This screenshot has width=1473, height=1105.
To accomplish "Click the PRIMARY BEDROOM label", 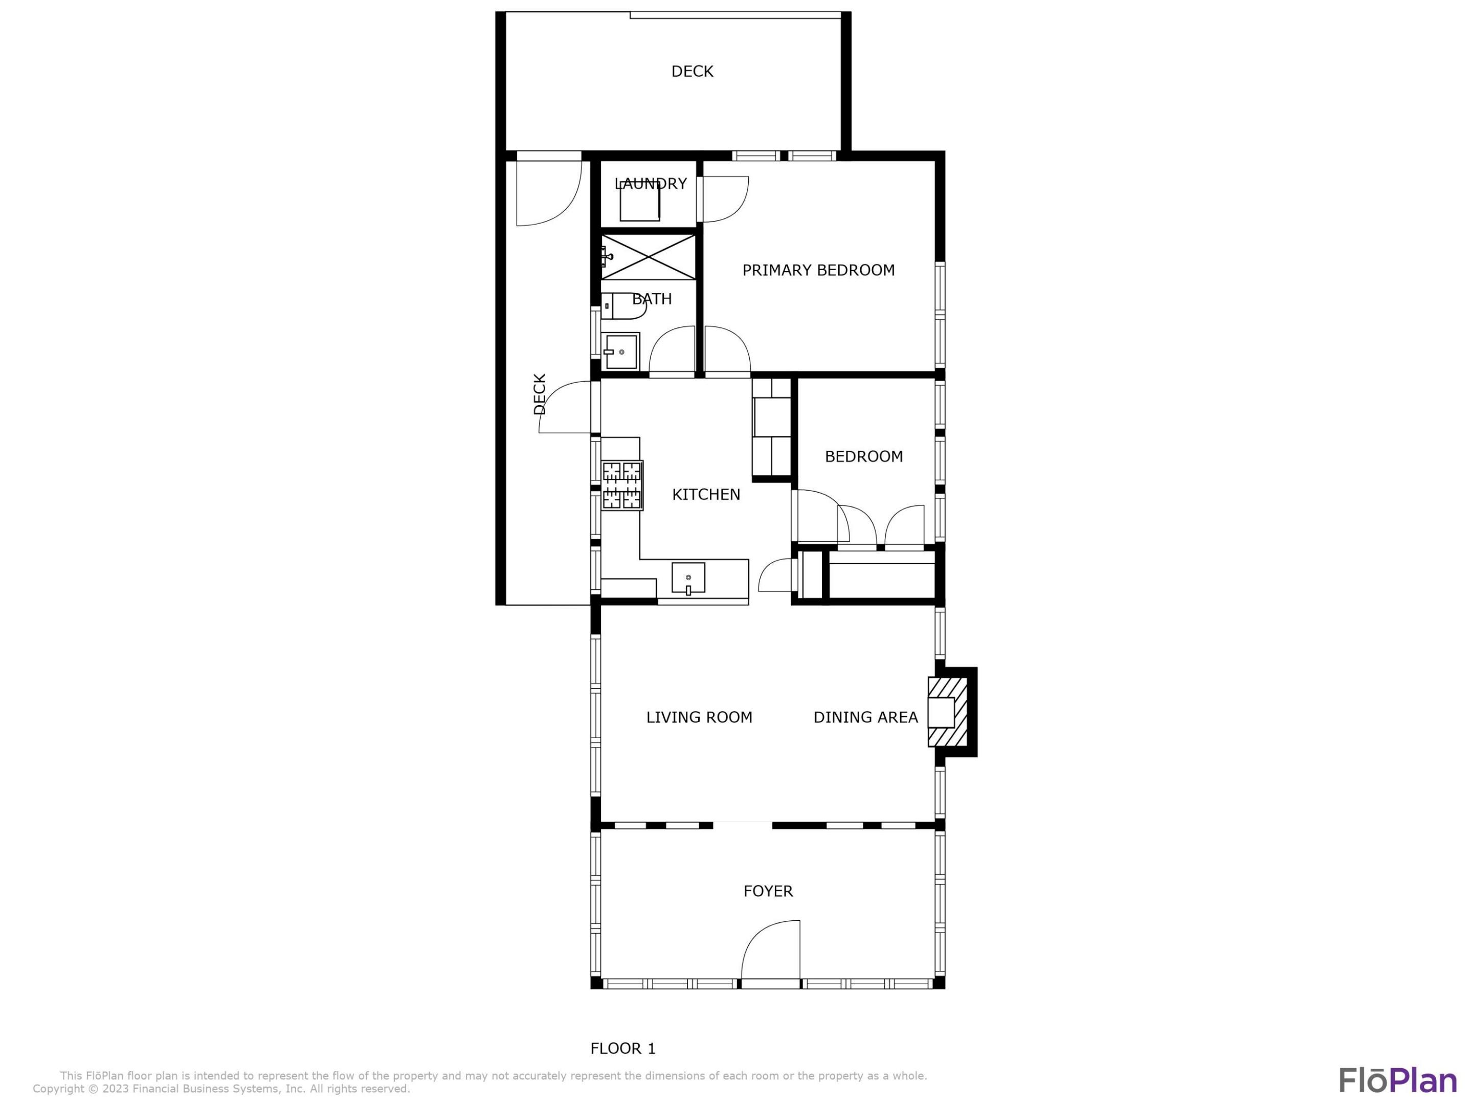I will (x=818, y=270).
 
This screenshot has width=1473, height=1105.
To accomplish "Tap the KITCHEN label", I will (x=706, y=494).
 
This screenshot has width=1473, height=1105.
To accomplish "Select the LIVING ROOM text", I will (x=699, y=717).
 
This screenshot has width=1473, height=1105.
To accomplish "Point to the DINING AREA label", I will (x=865, y=717).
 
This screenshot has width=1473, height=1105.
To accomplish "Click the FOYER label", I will (x=768, y=891).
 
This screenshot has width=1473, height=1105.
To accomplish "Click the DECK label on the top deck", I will (x=692, y=71).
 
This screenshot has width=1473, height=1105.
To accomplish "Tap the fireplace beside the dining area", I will (x=948, y=712).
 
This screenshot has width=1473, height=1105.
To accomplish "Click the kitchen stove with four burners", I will (x=622, y=485).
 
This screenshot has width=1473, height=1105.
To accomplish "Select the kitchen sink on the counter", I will (x=688, y=578).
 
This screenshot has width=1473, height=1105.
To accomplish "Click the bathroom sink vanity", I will (x=620, y=351).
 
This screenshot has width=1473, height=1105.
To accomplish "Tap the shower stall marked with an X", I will (x=648, y=256).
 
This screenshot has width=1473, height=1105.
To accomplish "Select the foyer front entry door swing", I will (x=772, y=951).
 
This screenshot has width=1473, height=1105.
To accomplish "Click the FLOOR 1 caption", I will (x=622, y=1048).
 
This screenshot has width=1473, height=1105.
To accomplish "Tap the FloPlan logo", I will (x=1397, y=1080).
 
